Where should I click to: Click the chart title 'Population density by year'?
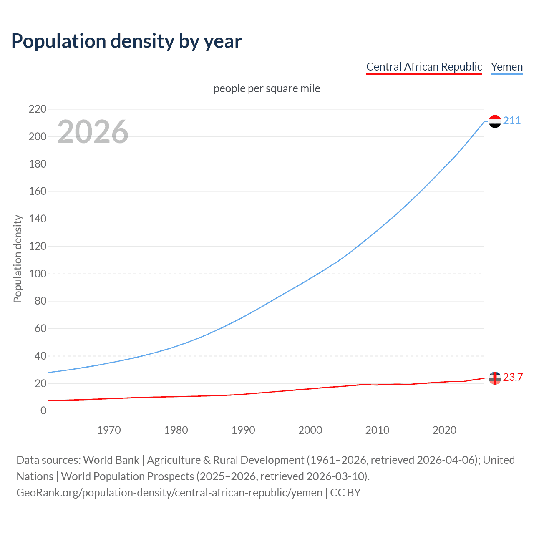point(126,41)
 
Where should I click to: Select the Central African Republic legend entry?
point(424,67)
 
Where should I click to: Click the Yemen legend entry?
point(506,67)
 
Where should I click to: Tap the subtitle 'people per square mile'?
point(267,88)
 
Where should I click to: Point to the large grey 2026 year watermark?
point(93,132)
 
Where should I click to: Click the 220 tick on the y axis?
point(38,109)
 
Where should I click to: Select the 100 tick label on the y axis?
point(38,274)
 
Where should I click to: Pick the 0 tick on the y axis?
point(43,411)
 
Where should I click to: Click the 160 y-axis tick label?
point(38,191)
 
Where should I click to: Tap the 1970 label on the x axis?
point(109,430)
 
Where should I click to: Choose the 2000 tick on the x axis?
point(310,430)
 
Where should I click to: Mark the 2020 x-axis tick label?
point(444,430)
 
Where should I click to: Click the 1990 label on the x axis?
point(243,430)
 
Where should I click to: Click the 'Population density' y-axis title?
point(18,259)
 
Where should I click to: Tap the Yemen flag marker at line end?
point(495,121)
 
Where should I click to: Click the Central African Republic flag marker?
point(495,378)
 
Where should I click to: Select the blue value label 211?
point(512,121)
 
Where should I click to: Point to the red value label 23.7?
point(513,378)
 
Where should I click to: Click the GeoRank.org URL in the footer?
point(169,493)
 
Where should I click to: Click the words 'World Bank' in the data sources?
point(111,460)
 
